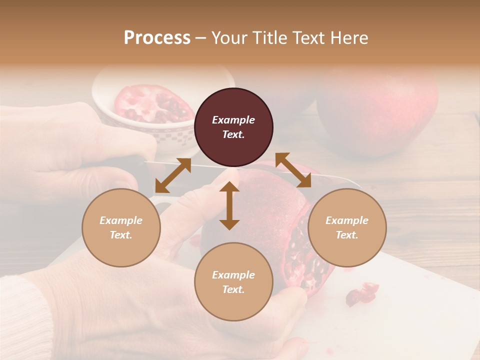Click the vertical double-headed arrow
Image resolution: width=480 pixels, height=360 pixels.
pyautogui.click(x=229, y=206)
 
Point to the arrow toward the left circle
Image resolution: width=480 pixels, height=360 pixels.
pyautogui.click(x=173, y=175)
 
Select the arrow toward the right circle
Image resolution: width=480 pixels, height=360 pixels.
pyautogui.click(x=293, y=170)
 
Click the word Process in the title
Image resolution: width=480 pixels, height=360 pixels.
pyautogui.click(x=157, y=37)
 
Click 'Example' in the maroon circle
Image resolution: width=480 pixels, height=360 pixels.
pyautogui.click(x=233, y=120)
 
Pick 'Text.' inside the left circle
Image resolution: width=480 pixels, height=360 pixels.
pyautogui.click(x=121, y=235)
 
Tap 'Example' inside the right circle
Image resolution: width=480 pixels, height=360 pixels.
pyautogui.click(x=347, y=220)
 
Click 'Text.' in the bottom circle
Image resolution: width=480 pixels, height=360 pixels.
pyautogui.click(x=233, y=289)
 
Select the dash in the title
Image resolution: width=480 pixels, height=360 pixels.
pyautogui.click(x=201, y=38)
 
